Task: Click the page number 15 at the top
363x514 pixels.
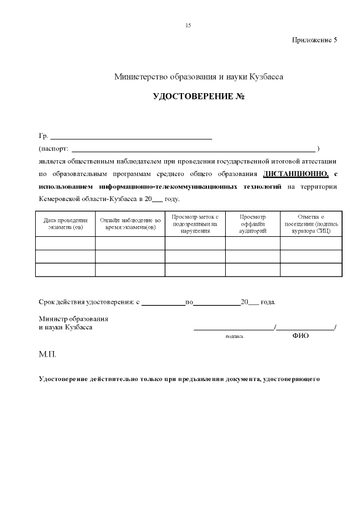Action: tap(188, 26)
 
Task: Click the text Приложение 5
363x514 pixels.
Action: tap(314, 40)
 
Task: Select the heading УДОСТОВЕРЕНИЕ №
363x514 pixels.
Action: tap(199, 97)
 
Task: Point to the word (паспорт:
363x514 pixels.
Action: tap(53, 149)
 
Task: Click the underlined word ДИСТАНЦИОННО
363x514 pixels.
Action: tap(296, 173)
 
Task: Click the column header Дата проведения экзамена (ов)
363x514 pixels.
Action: tap(65, 223)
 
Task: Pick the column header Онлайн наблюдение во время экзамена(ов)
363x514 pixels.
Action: tap(130, 223)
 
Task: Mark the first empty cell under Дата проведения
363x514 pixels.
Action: tap(65, 244)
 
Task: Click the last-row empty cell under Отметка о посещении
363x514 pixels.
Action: tap(310, 270)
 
